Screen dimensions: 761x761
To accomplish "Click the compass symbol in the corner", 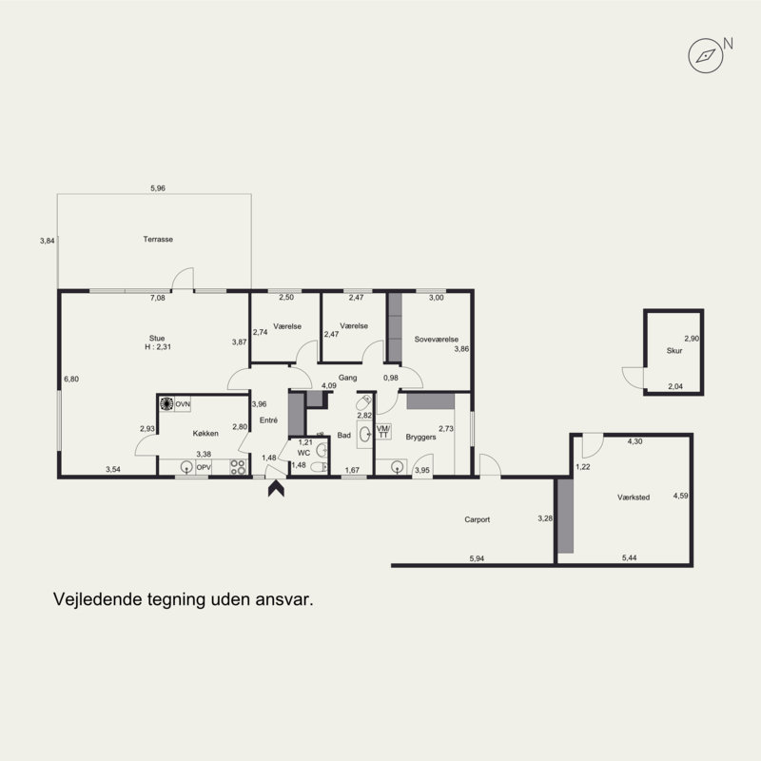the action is pos(706,56).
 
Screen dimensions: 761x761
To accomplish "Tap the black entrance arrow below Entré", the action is pos(276,489).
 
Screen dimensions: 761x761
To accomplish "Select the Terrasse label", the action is pos(158,240).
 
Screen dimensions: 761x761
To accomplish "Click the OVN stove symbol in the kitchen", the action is pos(166,403).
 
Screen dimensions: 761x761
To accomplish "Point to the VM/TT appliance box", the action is pos(383,432).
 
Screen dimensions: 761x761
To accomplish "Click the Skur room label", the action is pos(674,350).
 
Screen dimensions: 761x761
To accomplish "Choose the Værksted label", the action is pos(634,498).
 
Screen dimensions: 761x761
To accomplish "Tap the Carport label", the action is pos(478,519).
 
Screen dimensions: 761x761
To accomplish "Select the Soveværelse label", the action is pos(437,340).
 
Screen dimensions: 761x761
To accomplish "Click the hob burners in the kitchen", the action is pos(238,467).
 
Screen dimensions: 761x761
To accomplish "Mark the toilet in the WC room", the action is pos(319,467).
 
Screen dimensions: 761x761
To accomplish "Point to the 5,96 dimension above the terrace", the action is pos(158,188).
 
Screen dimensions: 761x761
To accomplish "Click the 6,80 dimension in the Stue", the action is pos(71,379).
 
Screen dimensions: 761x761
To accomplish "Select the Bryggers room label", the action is pos(420,438).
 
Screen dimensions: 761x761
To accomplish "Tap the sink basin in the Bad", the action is pos(364,434).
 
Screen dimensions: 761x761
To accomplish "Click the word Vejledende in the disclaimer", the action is pos(91,599).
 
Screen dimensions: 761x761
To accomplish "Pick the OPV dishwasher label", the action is pos(204,468).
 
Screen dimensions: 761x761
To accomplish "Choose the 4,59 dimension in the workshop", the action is pos(680,496).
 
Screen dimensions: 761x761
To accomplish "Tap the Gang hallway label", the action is pos(347,378).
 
